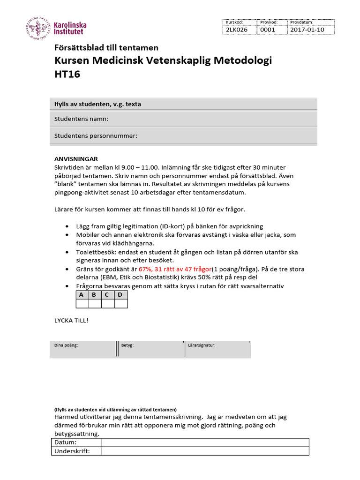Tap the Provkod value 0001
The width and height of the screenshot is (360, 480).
click(268, 30)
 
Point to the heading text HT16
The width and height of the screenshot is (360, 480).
click(67, 75)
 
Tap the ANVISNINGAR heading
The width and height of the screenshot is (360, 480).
click(76, 159)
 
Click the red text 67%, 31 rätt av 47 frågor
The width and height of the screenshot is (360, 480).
click(175, 269)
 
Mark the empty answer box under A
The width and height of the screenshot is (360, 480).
click(82, 304)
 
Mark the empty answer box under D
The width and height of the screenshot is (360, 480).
click(121, 304)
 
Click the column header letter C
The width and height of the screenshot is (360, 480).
click(108, 295)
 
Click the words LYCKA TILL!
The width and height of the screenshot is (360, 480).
click(71, 320)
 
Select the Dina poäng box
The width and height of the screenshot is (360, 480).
click(82, 349)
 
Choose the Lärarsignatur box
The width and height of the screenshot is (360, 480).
click(217, 349)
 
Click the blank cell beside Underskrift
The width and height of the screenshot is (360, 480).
click(205, 451)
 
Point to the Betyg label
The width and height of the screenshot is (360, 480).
click(127, 345)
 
